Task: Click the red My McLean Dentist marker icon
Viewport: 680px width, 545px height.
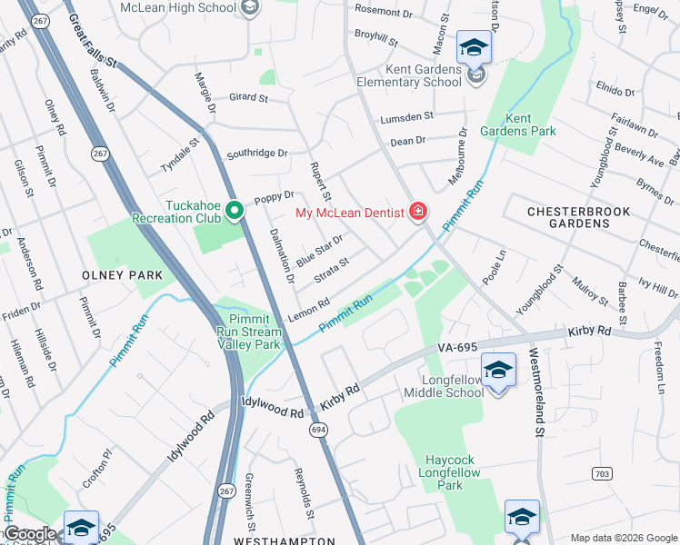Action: tap(418, 213)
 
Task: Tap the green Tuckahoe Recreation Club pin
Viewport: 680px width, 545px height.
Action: tap(234, 212)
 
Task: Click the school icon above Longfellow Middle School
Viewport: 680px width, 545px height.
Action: tap(497, 370)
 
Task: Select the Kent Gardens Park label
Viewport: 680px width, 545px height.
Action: tap(530, 125)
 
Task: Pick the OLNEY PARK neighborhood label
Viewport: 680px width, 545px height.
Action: tap(122, 274)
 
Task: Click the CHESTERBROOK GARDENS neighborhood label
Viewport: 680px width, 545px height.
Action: tap(580, 217)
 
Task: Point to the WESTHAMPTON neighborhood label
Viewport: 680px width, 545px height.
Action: tap(284, 540)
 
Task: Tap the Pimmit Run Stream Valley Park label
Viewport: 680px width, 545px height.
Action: tap(243, 332)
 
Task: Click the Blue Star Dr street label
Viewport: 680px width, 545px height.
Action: tap(319, 251)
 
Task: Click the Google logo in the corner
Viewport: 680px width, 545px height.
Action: tap(29, 534)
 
